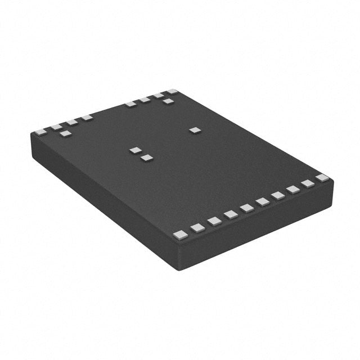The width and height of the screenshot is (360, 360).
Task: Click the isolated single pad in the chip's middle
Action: click(x=195, y=130)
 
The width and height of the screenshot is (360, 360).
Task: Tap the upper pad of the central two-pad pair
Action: click(x=135, y=150)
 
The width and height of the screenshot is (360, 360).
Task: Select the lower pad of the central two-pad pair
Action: click(x=147, y=158)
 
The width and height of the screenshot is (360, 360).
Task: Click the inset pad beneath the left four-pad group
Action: click(x=65, y=134)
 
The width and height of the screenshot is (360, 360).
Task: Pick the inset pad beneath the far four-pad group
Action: click(x=168, y=101)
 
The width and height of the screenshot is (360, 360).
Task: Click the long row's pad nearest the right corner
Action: click(x=321, y=178)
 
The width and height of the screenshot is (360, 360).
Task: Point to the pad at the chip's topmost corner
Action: click(x=172, y=91)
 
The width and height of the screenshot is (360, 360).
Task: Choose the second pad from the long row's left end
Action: click(x=197, y=227)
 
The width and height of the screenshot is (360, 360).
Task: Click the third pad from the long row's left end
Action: click(x=214, y=221)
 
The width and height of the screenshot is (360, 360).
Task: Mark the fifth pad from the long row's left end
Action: click(x=246, y=208)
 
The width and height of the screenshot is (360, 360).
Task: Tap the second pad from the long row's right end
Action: click(x=307, y=183)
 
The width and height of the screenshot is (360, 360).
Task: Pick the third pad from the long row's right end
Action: click(x=292, y=190)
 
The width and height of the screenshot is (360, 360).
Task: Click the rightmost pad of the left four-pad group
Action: click(x=87, y=118)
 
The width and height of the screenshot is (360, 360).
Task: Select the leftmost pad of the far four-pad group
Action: click(x=130, y=103)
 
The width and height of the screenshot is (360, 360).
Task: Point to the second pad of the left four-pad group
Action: click(x=57, y=127)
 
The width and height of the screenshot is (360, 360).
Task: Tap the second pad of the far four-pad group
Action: click(x=145, y=100)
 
